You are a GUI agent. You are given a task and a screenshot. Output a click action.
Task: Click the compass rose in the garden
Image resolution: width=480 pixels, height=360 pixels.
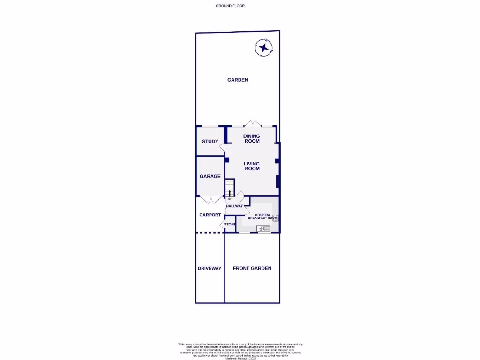pos(264,47)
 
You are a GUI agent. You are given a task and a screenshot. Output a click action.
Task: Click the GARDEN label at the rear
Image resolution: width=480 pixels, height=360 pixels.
pos(238,80)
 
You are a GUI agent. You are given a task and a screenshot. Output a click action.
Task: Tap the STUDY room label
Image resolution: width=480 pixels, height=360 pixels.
pos(210,141)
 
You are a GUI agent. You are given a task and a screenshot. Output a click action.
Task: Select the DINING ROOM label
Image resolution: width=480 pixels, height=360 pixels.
pos(252,138)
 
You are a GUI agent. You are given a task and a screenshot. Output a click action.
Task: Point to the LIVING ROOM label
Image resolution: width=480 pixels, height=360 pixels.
pos(252,166)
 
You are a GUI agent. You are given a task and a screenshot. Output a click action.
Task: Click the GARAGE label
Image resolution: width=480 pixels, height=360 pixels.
pos(210,176)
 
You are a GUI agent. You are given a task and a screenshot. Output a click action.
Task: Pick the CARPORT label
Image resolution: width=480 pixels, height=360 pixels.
pos(210,215)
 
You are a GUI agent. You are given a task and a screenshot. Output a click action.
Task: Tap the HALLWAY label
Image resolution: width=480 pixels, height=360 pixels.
pos(234,206)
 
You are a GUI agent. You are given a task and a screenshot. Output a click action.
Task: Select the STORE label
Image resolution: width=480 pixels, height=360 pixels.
pos(230,225)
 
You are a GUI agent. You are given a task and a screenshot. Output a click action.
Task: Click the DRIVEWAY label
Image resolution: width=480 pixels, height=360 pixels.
pos(210,268)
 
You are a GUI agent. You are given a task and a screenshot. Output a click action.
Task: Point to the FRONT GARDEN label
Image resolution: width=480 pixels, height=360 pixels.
pos(252,268)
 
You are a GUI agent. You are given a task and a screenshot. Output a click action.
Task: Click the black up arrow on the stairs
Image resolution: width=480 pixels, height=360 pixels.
pos(230,193)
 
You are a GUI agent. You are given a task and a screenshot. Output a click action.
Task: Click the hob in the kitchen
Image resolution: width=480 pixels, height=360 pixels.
pos(275,217)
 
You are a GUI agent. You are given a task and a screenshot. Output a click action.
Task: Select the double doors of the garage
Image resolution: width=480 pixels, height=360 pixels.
pos(210,200)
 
